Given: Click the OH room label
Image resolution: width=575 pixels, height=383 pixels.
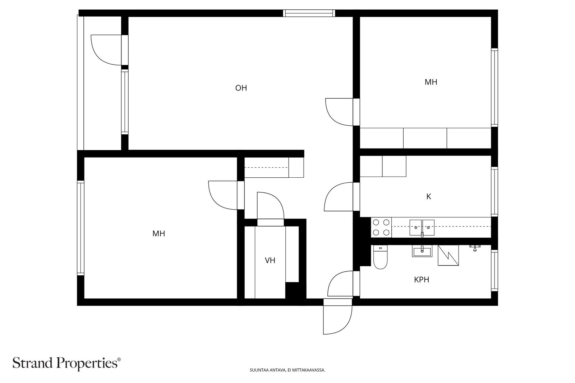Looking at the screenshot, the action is point(241,88).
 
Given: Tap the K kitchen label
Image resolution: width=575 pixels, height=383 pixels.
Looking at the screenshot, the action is point(428,197).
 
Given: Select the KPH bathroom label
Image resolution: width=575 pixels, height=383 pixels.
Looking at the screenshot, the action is point(422,280).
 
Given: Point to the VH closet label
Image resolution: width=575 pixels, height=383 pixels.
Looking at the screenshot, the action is point(270,261).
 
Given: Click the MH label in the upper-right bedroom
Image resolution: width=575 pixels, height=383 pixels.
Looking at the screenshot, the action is point(431,82).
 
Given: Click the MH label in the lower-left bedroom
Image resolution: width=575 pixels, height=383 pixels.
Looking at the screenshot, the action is point(158,234).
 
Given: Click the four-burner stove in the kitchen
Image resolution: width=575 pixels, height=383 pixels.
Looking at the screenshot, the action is point(381,227).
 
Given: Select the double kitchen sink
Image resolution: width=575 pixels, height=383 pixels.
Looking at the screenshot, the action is point(422,227).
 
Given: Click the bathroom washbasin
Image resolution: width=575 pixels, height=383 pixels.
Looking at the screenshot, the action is point(422,251).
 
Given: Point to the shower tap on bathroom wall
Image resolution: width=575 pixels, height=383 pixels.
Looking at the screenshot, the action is point(475,248).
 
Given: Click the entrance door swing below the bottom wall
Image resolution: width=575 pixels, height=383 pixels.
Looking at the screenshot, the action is point(337,317).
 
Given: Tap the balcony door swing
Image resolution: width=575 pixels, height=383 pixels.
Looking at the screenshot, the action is point(106,50).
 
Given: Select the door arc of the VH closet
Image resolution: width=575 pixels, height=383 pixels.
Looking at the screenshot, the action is point(271,206).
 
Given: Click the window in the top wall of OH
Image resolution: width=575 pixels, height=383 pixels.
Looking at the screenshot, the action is point(309,13).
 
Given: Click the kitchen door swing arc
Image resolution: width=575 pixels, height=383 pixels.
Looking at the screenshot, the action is point(338,197).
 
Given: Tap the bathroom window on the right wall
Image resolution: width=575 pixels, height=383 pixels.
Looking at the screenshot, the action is point(494,270).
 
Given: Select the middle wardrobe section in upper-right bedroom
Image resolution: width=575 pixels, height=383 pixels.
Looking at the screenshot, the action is point(425,138).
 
